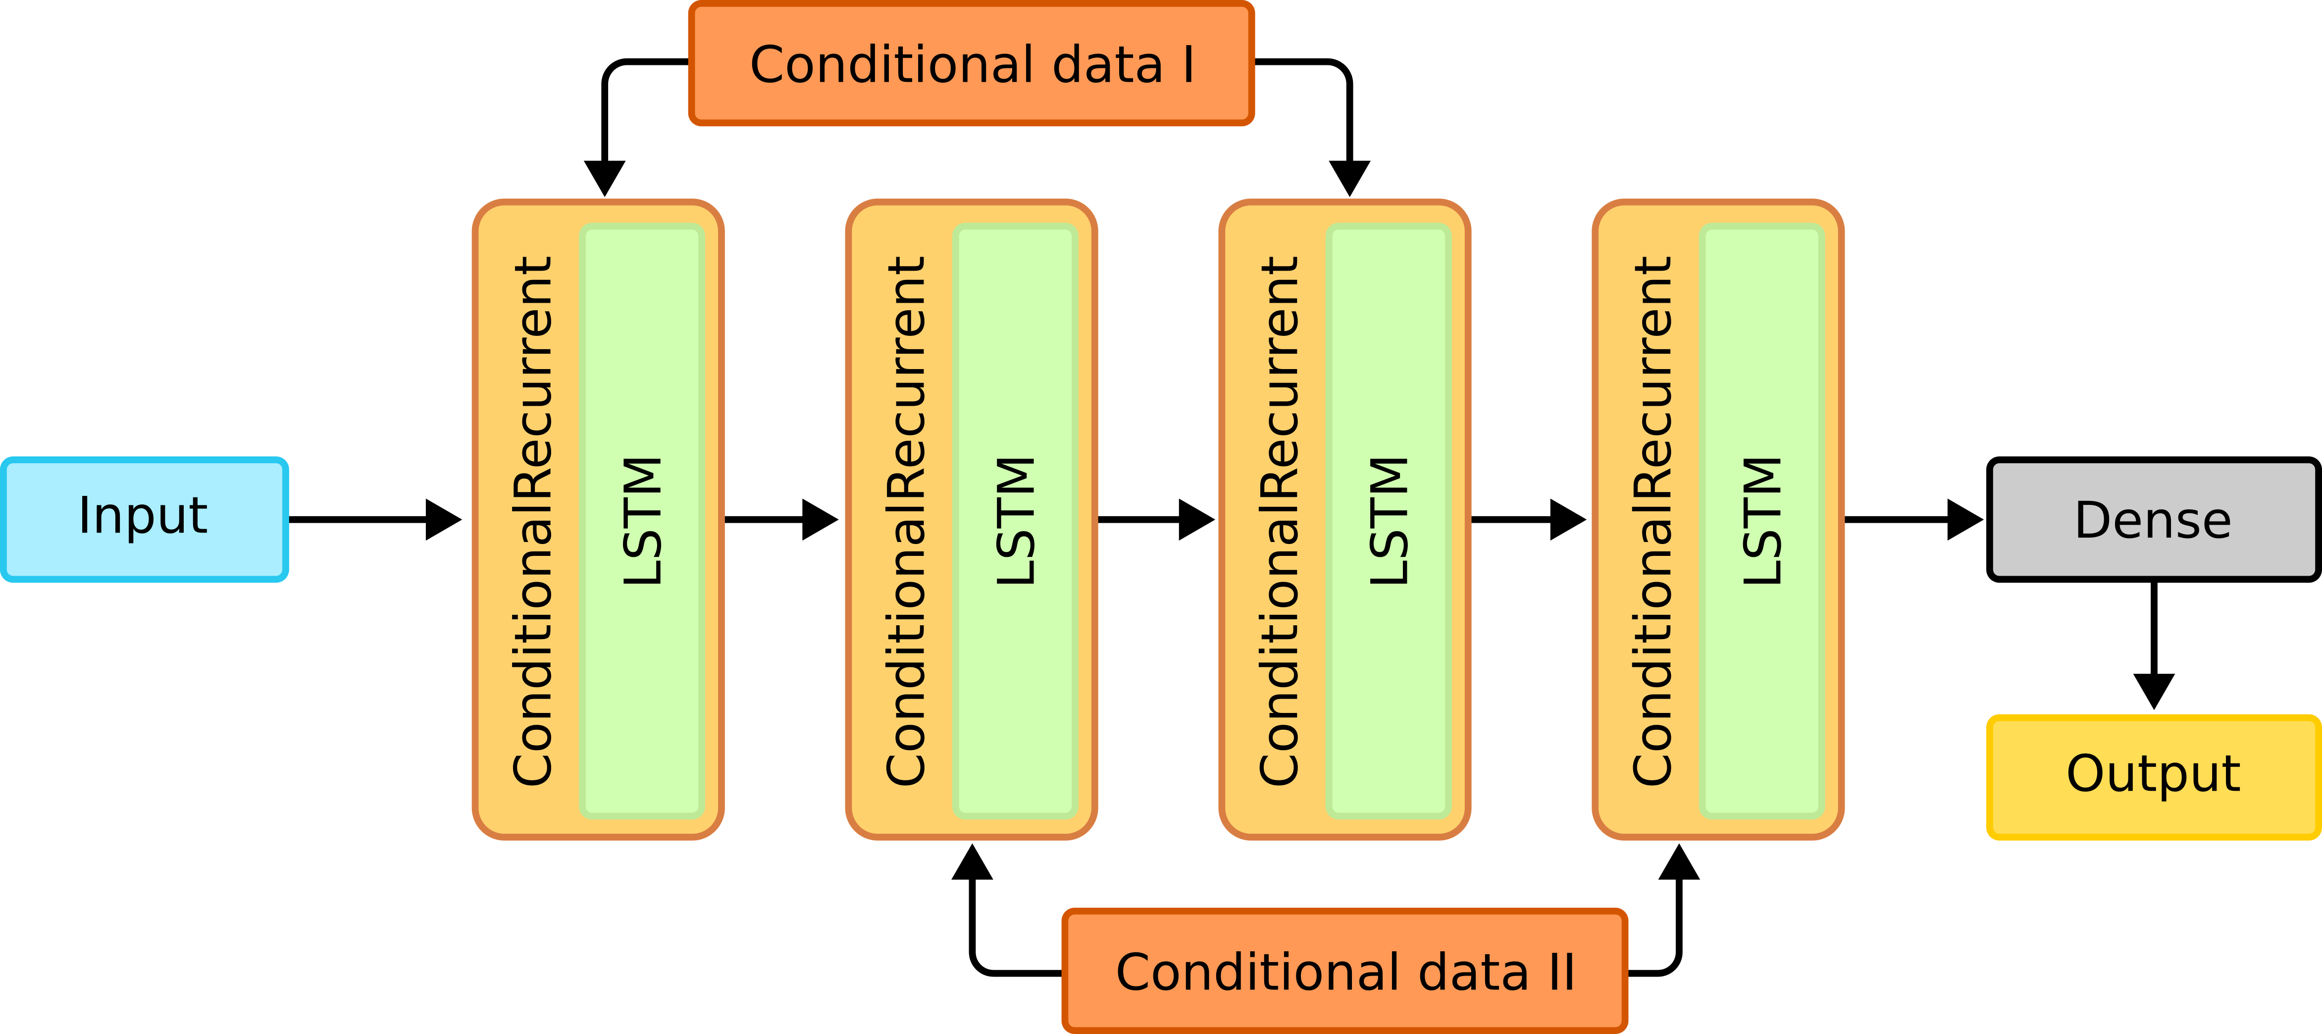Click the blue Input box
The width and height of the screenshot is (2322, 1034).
[144, 519]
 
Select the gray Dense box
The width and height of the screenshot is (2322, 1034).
[2153, 519]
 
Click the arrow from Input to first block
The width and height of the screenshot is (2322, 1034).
[374, 519]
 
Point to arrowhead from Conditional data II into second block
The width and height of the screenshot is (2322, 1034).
[972, 863]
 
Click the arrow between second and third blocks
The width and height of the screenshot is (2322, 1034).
[1156, 519]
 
